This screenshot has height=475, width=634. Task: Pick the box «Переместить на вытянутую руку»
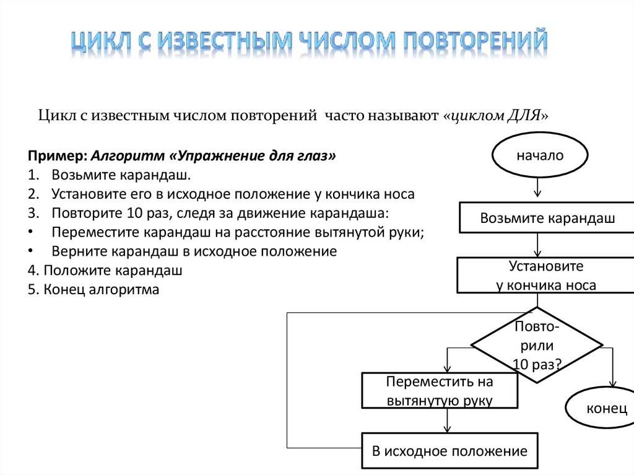pos(440,391)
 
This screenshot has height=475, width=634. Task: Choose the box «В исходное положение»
pos(449,451)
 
